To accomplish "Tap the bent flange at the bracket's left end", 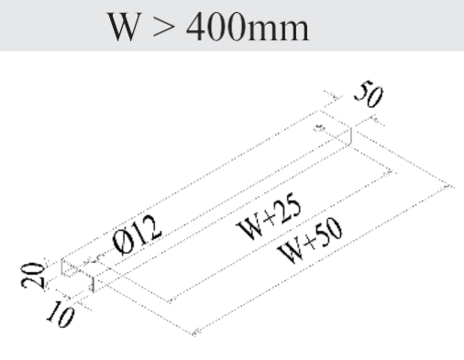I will point(72,270).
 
